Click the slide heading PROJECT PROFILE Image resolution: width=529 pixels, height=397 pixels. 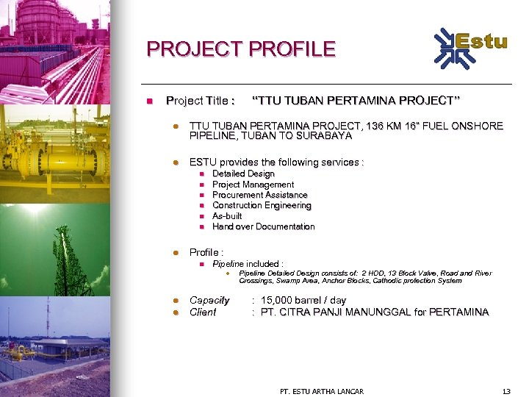point(241,49)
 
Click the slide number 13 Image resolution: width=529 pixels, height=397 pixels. point(505,391)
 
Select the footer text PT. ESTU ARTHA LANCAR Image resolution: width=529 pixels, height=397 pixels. point(322,391)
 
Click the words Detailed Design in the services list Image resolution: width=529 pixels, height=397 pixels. point(243,174)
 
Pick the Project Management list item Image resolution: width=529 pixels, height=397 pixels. point(253,185)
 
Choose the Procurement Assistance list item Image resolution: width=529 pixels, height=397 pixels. point(259,195)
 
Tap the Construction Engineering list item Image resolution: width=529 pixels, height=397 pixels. point(261,206)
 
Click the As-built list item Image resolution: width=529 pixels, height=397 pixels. point(227,216)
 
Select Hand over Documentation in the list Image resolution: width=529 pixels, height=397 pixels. point(263,226)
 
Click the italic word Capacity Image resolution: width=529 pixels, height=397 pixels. point(209,300)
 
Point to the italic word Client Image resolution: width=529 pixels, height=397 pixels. point(203,312)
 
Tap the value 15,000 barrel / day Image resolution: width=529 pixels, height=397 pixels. point(303,300)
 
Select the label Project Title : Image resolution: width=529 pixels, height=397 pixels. point(201,100)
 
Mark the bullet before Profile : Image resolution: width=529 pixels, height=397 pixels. point(176,252)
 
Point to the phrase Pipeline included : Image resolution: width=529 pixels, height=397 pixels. point(248,263)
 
